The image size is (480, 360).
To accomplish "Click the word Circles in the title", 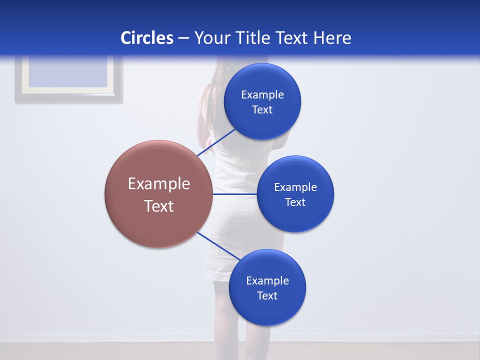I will [146, 38].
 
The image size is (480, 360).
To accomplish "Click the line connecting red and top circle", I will [216, 142].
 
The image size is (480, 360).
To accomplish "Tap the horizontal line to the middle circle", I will [234, 194].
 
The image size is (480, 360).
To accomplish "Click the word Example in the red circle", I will [159, 184].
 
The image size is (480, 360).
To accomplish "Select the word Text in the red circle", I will [159, 206].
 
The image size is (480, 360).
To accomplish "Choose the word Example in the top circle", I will [262, 94].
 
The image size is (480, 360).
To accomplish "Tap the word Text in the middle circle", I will [295, 202].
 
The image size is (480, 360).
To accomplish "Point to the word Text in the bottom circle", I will [267, 295].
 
